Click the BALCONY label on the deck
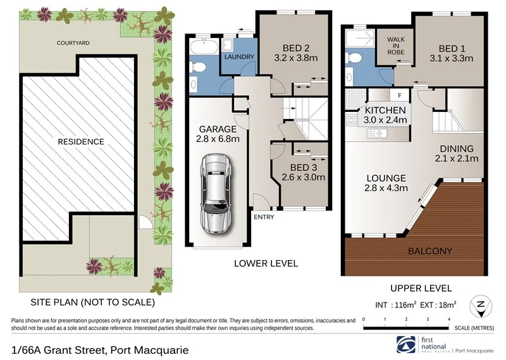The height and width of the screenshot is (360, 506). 430,251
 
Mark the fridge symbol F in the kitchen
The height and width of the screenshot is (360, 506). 399,96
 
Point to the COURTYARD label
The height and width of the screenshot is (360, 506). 73,43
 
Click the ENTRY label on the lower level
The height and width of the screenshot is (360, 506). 264,216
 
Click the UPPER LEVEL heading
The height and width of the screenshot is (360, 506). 414,288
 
